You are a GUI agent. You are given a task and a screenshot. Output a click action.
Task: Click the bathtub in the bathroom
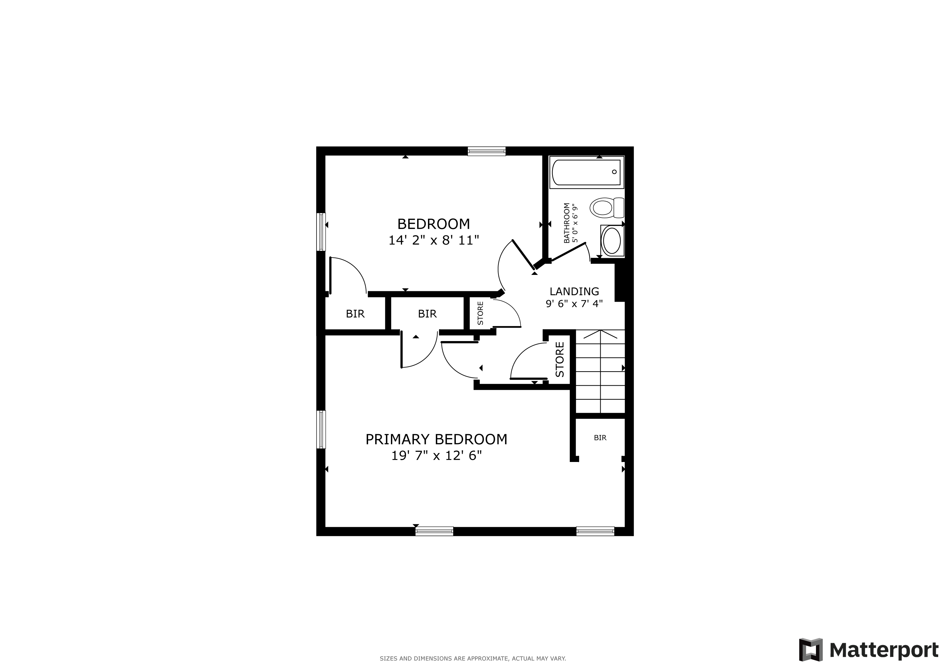586,172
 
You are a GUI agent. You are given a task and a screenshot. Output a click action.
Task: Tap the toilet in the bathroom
607,207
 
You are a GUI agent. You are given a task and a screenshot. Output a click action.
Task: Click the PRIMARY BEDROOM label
436,439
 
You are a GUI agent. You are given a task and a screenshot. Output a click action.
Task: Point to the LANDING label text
574,291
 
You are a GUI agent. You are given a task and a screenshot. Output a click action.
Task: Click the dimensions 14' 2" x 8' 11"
434,240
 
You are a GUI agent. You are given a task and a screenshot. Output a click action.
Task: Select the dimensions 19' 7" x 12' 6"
436,456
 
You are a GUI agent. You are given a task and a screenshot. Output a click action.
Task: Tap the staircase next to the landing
600,371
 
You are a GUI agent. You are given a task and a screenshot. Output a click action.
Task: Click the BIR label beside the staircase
600,437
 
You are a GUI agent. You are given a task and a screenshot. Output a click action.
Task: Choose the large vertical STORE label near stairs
560,359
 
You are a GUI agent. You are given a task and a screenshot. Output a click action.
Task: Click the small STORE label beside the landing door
480,313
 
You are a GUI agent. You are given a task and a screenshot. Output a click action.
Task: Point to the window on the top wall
487,151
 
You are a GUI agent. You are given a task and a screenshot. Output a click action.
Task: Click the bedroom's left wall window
321,232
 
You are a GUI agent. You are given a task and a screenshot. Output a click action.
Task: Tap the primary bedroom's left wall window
321,429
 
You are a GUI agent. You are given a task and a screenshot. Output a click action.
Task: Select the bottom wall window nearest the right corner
595,531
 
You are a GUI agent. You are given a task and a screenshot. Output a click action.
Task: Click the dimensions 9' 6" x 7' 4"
574,304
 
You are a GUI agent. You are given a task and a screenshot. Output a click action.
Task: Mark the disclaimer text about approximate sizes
473,659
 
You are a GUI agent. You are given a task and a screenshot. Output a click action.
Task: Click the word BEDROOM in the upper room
434,224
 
